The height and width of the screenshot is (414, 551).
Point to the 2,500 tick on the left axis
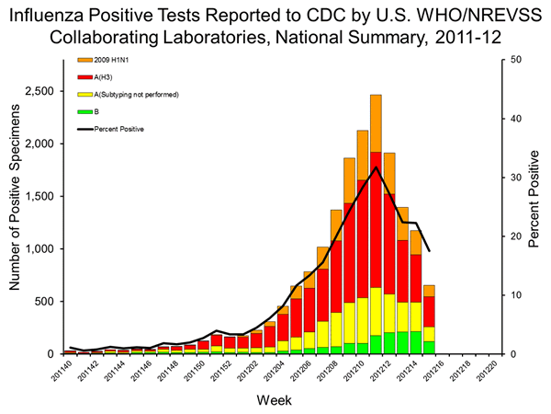37,92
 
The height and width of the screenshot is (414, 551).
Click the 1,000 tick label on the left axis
37,249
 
